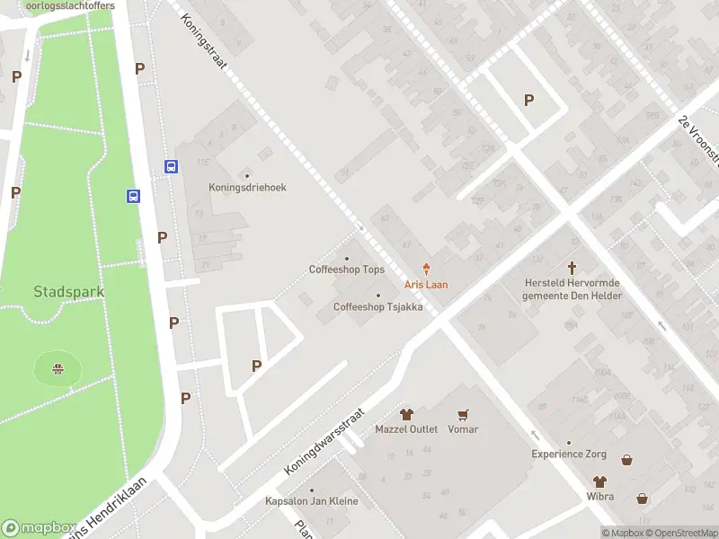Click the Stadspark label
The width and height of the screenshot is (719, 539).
point(69,292)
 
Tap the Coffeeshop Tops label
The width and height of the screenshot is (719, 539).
point(347,269)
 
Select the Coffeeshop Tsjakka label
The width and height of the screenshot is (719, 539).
point(377,306)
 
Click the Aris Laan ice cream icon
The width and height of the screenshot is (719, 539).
point(427,269)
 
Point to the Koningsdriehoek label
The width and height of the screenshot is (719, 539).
point(247,188)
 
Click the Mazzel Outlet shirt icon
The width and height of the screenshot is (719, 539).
point(406,414)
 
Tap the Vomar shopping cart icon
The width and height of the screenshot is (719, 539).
point(463,414)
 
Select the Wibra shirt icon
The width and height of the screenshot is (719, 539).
point(599,482)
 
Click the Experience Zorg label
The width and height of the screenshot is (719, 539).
point(568,455)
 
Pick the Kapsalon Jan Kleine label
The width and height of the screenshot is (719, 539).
point(311,501)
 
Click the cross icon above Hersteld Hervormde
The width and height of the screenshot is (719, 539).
point(572,268)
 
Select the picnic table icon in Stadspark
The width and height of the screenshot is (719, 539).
point(58,368)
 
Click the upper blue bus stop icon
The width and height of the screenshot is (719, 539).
point(171,166)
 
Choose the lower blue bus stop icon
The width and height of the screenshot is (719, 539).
point(133,197)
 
